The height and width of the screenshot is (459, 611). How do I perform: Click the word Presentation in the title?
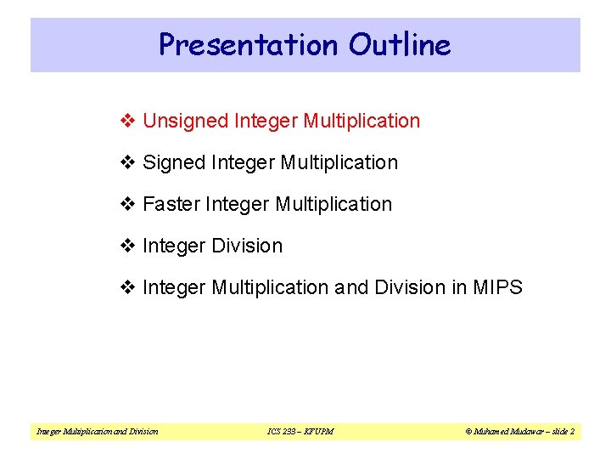point(244,44)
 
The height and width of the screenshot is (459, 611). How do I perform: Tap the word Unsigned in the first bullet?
point(184,122)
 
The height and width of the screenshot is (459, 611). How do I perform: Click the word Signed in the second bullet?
point(173,162)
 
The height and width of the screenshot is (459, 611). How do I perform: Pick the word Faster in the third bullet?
point(171,204)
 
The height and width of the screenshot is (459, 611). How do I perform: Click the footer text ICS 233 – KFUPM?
point(300,432)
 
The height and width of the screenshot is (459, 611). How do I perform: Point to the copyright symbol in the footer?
point(469,432)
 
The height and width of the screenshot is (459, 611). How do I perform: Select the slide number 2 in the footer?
point(572,432)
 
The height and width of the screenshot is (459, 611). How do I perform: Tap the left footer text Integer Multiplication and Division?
point(98,432)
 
